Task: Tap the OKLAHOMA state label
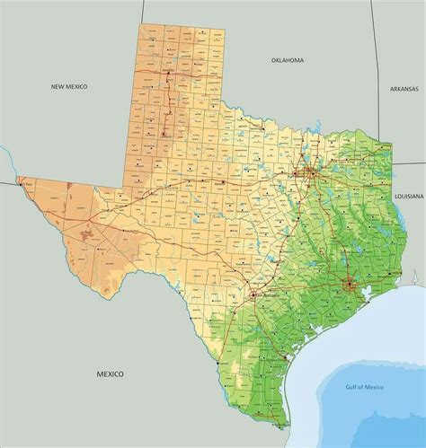288,60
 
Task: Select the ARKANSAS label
405,89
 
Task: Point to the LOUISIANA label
409,194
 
